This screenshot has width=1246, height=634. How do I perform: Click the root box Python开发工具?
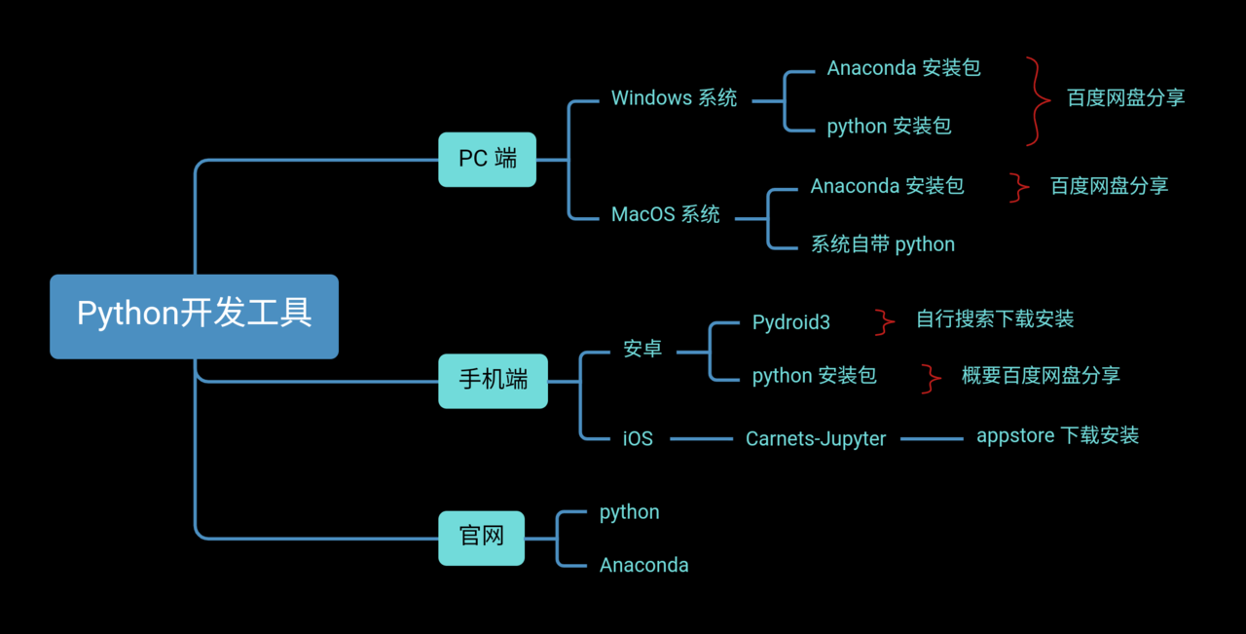click(194, 316)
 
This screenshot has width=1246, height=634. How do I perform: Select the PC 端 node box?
click(487, 159)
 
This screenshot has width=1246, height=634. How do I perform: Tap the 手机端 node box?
click(493, 380)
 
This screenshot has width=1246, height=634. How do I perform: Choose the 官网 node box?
click(481, 538)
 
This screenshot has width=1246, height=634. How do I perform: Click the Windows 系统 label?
click(674, 98)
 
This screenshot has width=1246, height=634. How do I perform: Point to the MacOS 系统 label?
click(665, 215)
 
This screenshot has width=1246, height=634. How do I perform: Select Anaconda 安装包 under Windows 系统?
click(903, 68)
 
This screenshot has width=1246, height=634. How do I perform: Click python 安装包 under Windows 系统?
click(889, 127)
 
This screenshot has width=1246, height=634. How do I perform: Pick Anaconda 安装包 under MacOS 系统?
click(887, 186)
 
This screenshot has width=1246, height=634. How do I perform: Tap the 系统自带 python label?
click(882, 244)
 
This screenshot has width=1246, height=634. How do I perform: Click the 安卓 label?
click(642, 348)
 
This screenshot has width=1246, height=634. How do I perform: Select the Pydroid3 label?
click(790, 322)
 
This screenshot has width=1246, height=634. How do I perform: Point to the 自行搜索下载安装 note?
click(994, 319)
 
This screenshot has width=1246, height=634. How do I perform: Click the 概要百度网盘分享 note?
click(1040, 376)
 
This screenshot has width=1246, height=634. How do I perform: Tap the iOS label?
click(638, 439)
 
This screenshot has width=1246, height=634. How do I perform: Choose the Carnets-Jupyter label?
click(816, 439)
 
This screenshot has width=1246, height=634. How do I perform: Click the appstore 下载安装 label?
click(1057, 435)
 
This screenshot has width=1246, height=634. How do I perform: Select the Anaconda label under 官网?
click(643, 566)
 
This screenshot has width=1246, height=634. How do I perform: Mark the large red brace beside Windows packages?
click(1036, 100)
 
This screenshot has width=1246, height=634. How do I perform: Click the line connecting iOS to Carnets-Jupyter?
click(701, 439)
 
